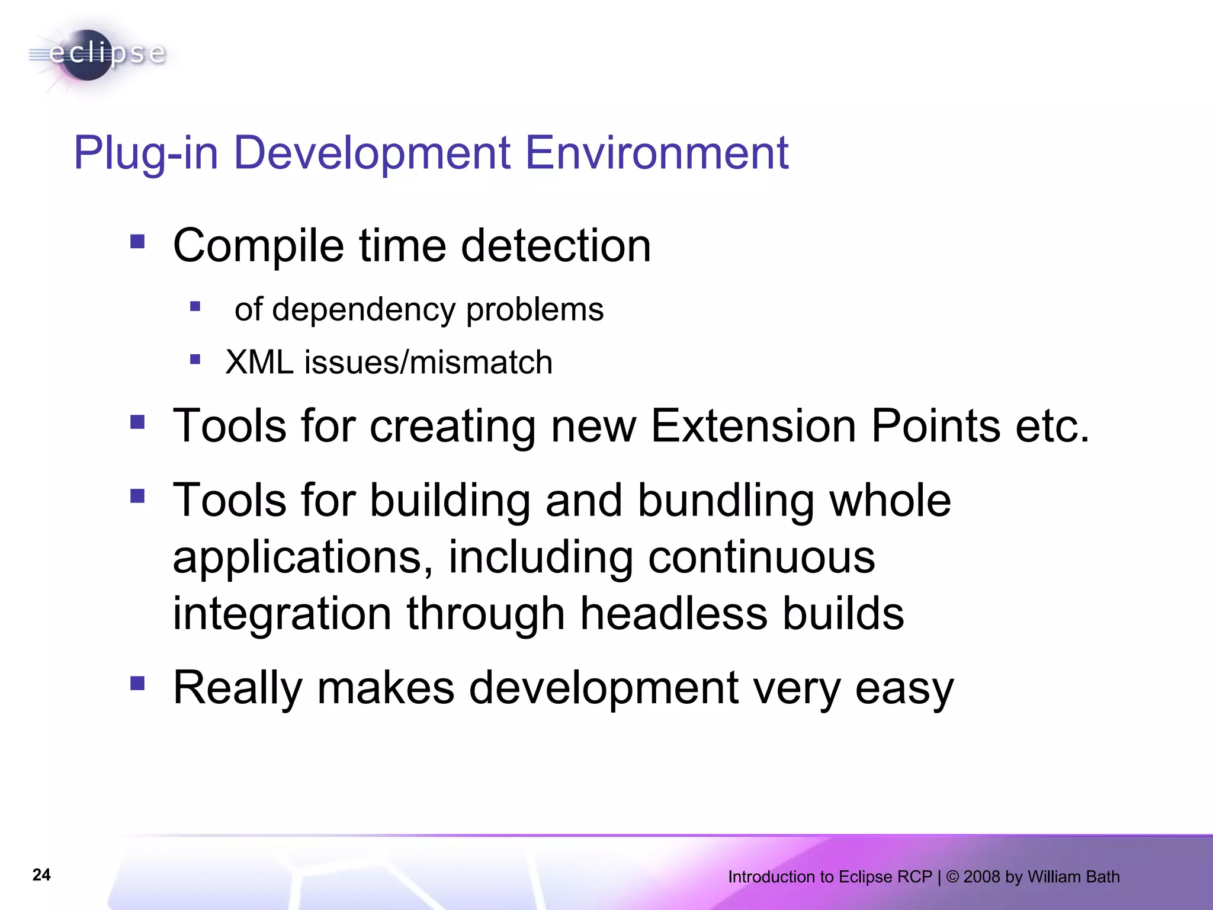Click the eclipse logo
pos(98,55)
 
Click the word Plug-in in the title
pos(146,153)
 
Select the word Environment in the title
pos(657,153)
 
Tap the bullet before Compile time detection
pos(137,241)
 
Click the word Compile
pos(258,246)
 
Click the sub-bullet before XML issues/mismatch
pos(195,359)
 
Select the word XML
pos(259,362)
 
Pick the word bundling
pos(726,501)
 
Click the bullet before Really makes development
pos(137,684)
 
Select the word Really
pos(238,688)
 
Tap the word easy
pos(904,688)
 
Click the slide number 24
pos(41,875)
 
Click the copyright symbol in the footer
pos(952,877)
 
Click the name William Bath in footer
pos(1073,877)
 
